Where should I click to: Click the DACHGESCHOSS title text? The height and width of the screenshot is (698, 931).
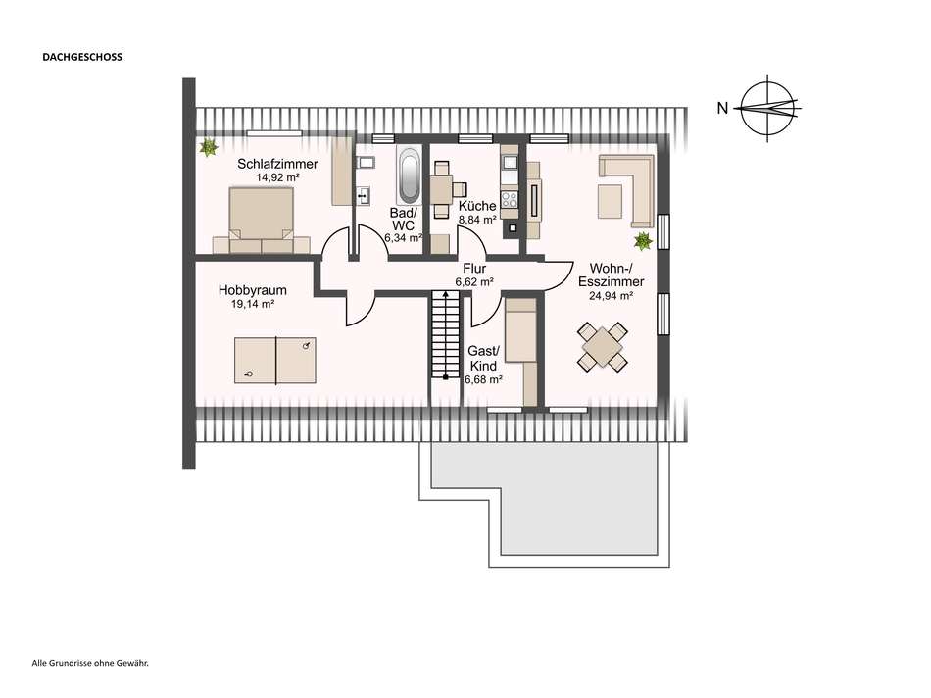pos(81,57)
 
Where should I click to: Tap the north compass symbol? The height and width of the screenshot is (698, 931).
pos(768,109)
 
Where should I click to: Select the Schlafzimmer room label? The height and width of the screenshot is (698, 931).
pos(277,164)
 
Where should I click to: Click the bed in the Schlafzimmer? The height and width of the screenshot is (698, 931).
pos(262,221)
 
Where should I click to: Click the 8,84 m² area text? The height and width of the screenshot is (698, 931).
pos(478,222)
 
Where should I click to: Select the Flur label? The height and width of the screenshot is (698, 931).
pos(474,267)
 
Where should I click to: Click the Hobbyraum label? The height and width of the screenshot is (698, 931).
pos(245,290)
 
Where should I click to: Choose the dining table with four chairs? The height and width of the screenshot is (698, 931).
pos(603,347)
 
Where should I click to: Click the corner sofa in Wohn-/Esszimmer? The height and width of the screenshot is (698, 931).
pos(627,189)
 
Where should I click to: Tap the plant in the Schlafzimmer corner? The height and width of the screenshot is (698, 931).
pos(208,148)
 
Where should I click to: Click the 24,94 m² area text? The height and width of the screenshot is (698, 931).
pos(617,294)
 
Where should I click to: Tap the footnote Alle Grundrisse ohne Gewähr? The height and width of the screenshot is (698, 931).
pos(90,664)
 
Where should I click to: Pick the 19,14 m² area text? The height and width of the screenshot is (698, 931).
pos(245,305)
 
